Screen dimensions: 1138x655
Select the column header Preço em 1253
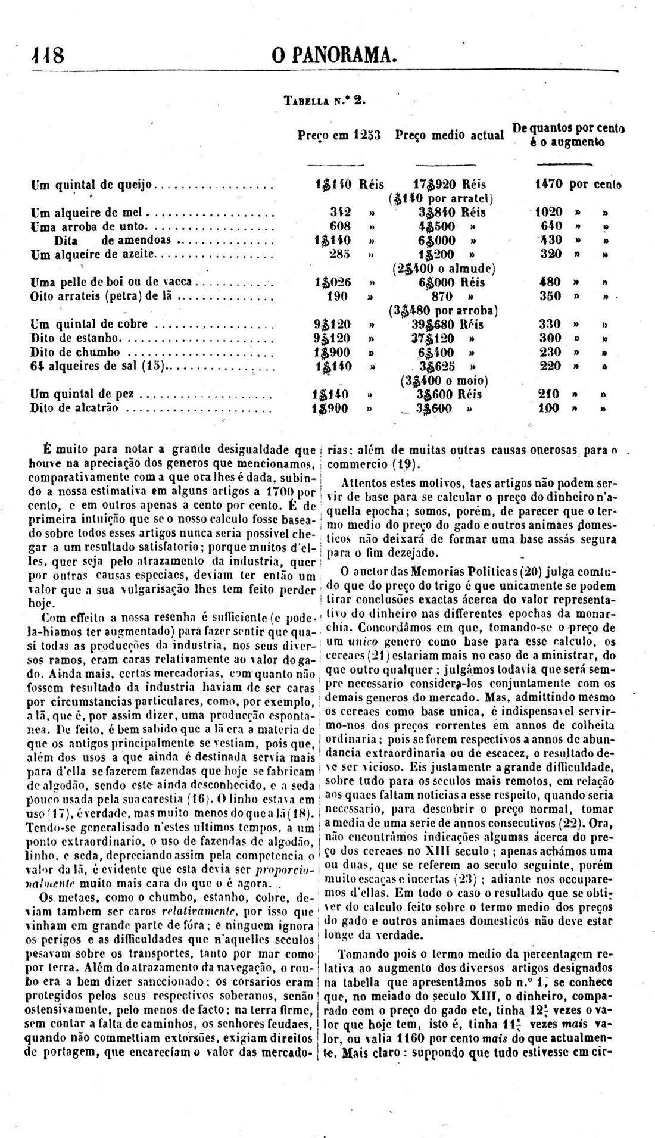click(x=339, y=135)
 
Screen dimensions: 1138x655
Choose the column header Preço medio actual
click(x=450, y=135)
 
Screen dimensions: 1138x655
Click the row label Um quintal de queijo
click(x=92, y=185)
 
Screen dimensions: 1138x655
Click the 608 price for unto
click(x=340, y=226)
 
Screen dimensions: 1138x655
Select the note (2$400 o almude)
click(x=444, y=268)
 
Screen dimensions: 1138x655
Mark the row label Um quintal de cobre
click(x=89, y=325)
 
